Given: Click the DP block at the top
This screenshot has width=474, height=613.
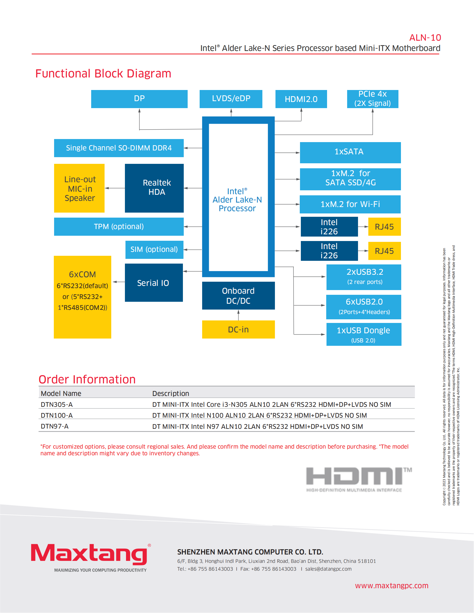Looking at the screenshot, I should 139,99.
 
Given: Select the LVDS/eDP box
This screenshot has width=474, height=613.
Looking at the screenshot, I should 231,99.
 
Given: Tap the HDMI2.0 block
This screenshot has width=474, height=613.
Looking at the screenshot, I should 301,99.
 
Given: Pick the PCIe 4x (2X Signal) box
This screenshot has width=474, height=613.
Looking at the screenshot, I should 372,99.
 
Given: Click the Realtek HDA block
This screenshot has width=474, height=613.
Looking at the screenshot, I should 154,188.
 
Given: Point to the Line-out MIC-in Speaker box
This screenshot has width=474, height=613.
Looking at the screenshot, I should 79,188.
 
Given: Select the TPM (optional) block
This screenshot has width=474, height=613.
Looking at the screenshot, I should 119,227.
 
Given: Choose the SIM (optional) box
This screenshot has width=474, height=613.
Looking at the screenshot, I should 154,250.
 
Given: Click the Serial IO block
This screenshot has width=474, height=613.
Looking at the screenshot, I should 154,283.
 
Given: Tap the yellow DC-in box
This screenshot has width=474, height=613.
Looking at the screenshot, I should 238,330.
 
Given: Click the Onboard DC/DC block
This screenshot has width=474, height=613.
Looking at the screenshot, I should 238,296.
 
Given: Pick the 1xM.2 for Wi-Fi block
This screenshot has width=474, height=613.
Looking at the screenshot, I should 350,204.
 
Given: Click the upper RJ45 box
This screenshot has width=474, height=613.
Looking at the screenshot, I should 384,227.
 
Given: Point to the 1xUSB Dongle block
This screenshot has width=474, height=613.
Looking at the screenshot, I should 364,334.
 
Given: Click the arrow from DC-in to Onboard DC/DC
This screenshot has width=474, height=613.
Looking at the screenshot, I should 238,315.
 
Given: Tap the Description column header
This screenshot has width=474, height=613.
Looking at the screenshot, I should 171,393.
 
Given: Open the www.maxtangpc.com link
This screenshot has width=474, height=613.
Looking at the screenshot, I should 391,586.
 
